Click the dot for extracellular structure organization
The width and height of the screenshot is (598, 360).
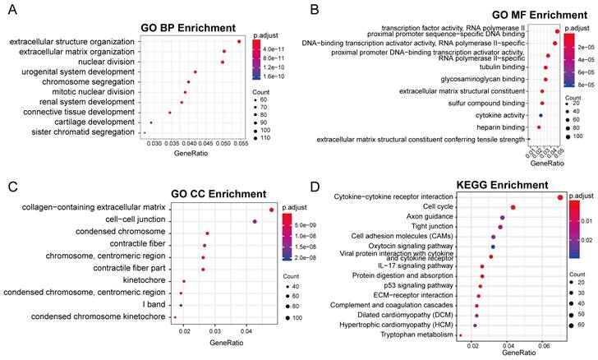(x=238, y=42)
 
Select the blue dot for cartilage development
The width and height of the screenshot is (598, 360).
(x=151, y=122)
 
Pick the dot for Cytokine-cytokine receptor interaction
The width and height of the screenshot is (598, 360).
(x=560, y=197)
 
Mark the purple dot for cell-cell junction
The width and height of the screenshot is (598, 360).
(x=255, y=222)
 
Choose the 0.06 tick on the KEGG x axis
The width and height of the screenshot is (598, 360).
(x=543, y=346)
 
